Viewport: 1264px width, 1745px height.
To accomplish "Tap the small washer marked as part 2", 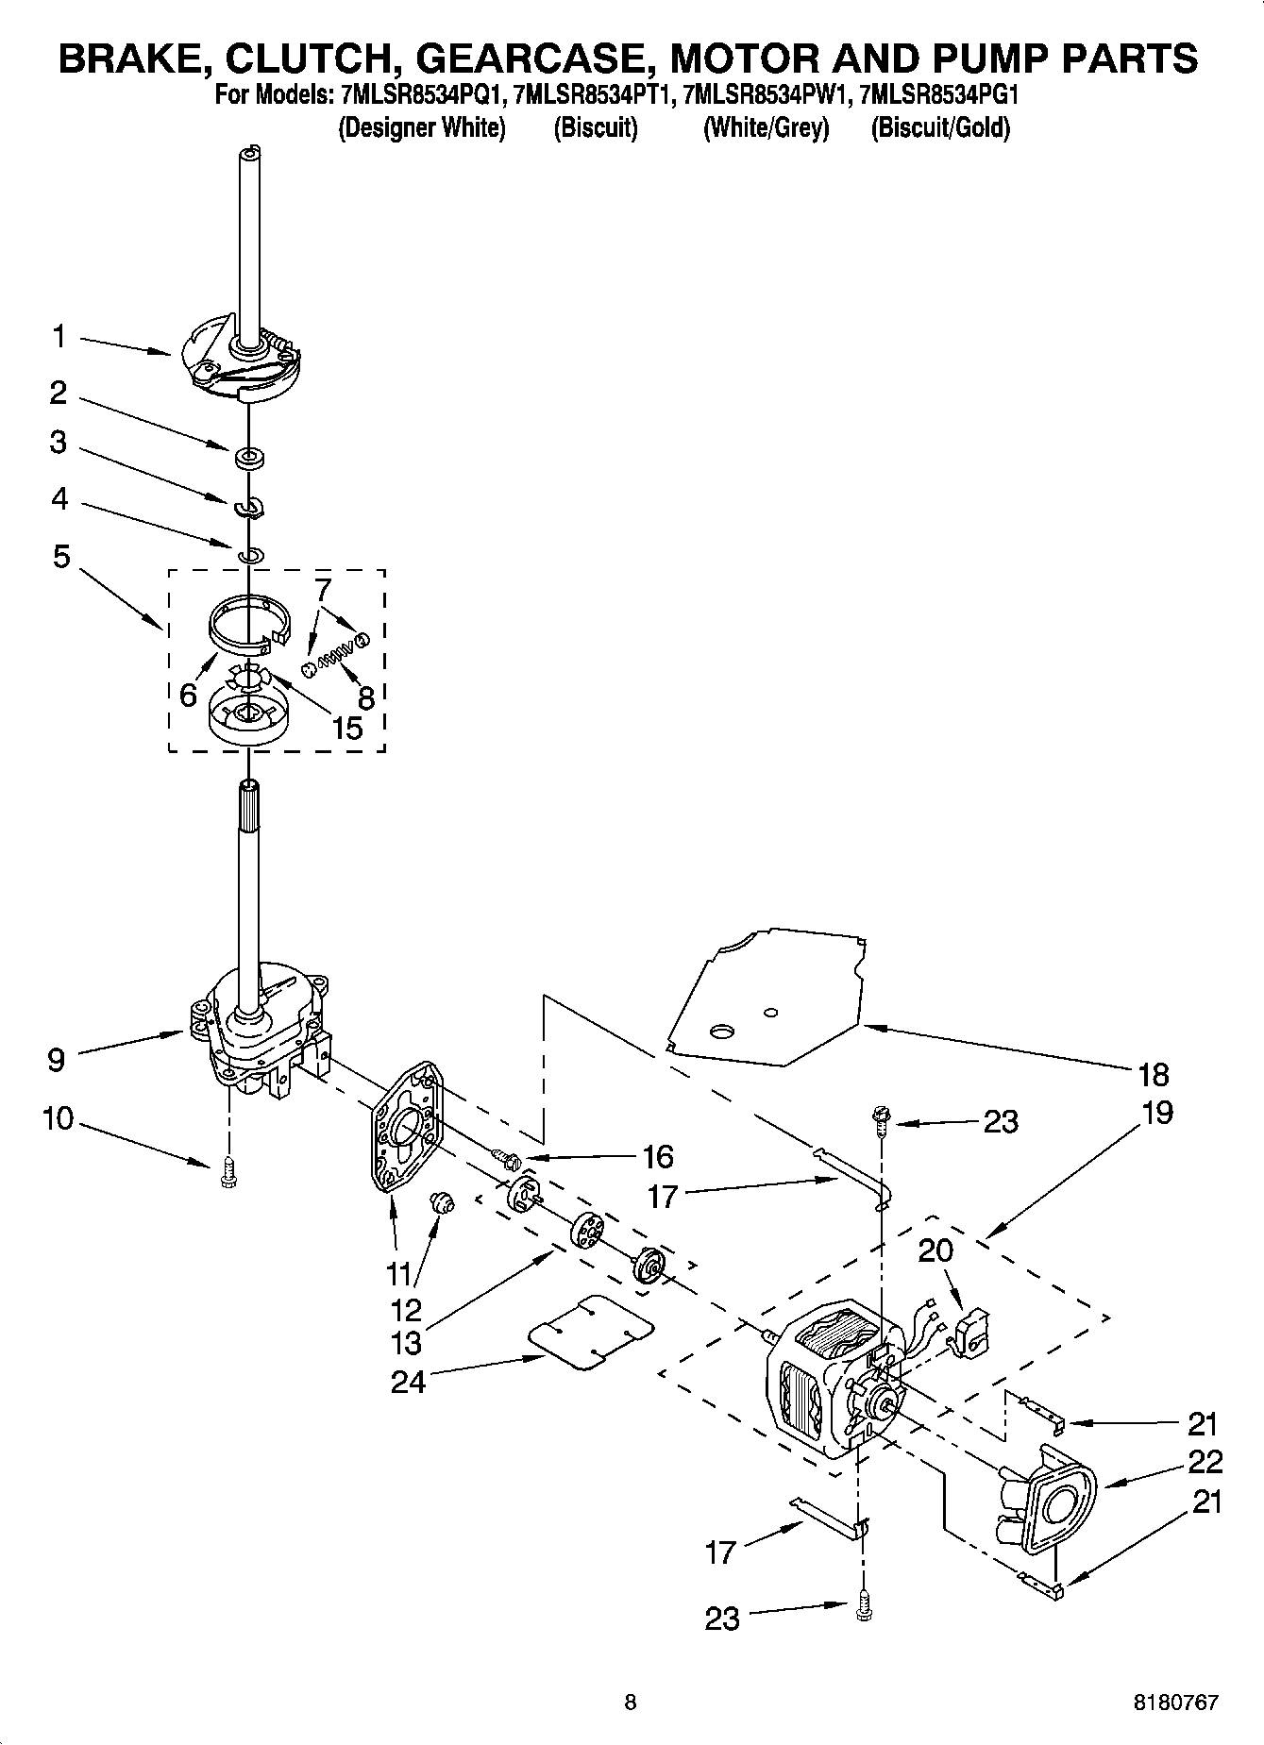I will click(250, 459).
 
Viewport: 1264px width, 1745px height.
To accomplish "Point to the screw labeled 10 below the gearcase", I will click(227, 1174).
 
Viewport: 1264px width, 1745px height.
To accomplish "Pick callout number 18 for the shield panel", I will click(1154, 1074).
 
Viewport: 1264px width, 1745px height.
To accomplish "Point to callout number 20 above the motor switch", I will click(935, 1250).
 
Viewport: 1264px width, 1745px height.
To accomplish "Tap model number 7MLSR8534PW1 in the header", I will click(766, 95).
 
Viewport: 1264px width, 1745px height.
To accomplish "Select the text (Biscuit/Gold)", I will click(940, 127).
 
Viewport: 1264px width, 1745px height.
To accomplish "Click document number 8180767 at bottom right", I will click(1174, 1703).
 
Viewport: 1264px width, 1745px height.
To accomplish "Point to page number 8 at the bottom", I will click(631, 1703).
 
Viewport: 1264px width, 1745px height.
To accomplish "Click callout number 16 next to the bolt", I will click(657, 1156).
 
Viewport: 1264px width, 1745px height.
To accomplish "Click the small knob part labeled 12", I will click(441, 1202).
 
